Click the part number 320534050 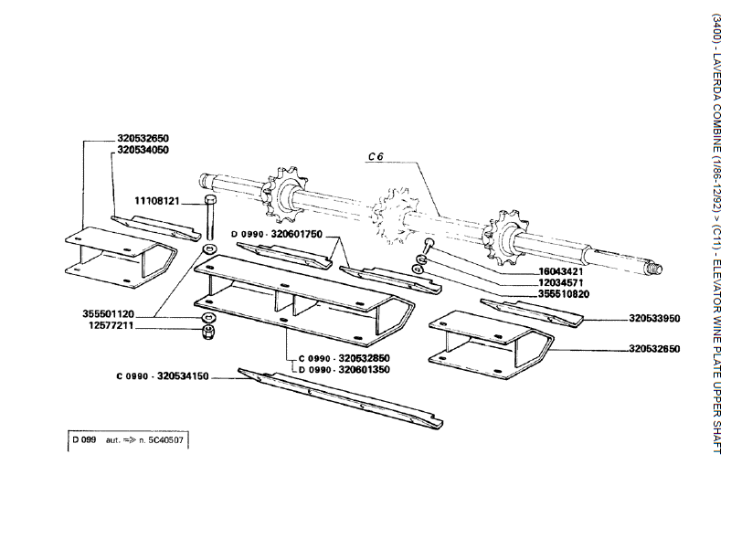click(143, 149)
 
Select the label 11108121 click(157, 200)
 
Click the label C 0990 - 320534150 click(163, 376)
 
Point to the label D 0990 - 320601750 click(277, 234)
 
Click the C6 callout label click(374, 157)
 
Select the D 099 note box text click(127, 439)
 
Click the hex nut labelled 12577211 click(208, 329)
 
